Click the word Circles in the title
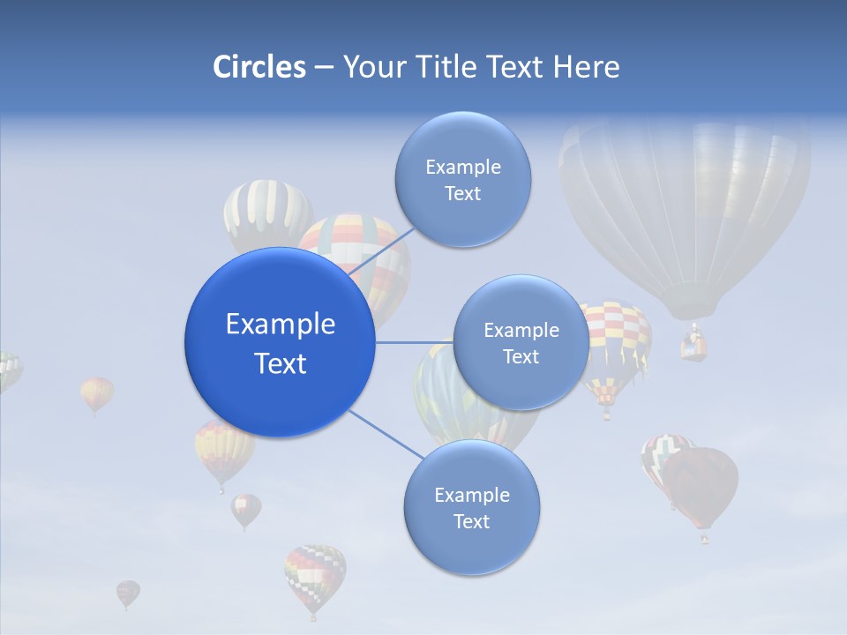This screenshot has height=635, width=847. pyautogui.click(x=259, y=67)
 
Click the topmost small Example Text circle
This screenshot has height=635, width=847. pyautogui.click(x=463, y=180)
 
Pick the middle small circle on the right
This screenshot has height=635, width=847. pyautogui.click(x=521, y=343)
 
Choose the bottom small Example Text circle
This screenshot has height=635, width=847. pyautogui.click(x=472, y=508)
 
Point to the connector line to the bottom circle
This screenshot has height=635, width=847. pyautogui.click(x=386, y=435)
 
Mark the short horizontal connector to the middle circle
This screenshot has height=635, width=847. pyautogui.click(x=413, y=342)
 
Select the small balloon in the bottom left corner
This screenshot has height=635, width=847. pyautogui.click(x=128, y=593)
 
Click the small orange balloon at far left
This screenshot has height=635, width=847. pyautogui.click(x=97, y=393)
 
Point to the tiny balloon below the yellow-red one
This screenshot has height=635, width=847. pyautogui.click(x=246, y=509)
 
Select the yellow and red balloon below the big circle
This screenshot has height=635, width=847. pyautogui.click(x=224, y=451)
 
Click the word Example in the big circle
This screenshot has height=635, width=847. pyautogui.click(x=281, y=325)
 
